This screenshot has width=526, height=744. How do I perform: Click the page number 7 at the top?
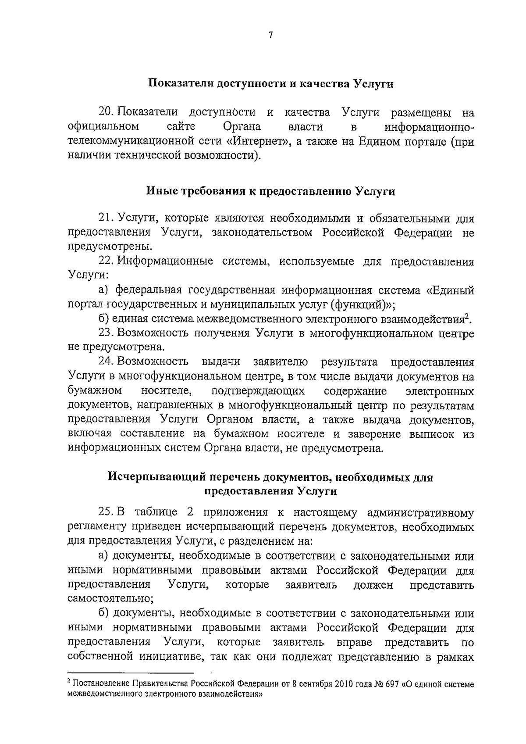270,35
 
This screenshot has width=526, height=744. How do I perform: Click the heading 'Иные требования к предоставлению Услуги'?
270,191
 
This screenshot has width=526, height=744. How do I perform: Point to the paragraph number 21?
106,218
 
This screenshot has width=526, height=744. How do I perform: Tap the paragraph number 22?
107,261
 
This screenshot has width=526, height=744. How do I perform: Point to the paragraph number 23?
107,333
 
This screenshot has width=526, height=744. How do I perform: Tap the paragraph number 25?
107,512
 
